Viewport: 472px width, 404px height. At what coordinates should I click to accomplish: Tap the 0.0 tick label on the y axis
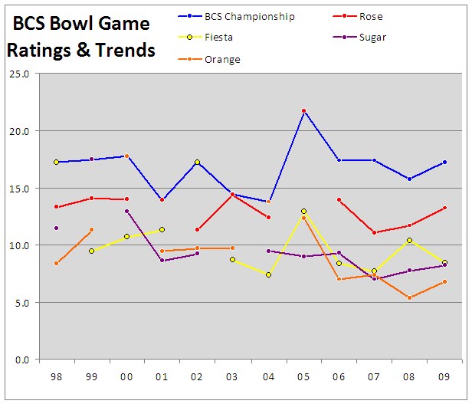tap(21, 360)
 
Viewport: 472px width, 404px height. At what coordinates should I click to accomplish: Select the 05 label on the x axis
tap(303, 378)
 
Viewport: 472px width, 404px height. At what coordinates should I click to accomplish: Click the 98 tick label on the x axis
tap(56, 378)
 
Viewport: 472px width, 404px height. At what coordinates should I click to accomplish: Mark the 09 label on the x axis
tap(444, 378)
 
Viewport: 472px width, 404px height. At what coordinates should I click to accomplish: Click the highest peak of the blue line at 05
tap(303, 111)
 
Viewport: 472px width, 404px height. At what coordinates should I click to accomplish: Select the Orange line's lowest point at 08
tap(409, 297)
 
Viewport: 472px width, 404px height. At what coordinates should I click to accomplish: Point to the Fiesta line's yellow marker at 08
tap(409, 241)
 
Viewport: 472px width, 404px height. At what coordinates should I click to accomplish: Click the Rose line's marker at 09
tap(444, 208)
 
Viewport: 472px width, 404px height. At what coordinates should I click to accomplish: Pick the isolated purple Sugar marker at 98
tap(56, 228)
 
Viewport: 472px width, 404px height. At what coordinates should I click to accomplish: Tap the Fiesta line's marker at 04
tap(268, 274)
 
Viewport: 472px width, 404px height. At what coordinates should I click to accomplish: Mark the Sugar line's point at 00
tap(126, 211)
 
